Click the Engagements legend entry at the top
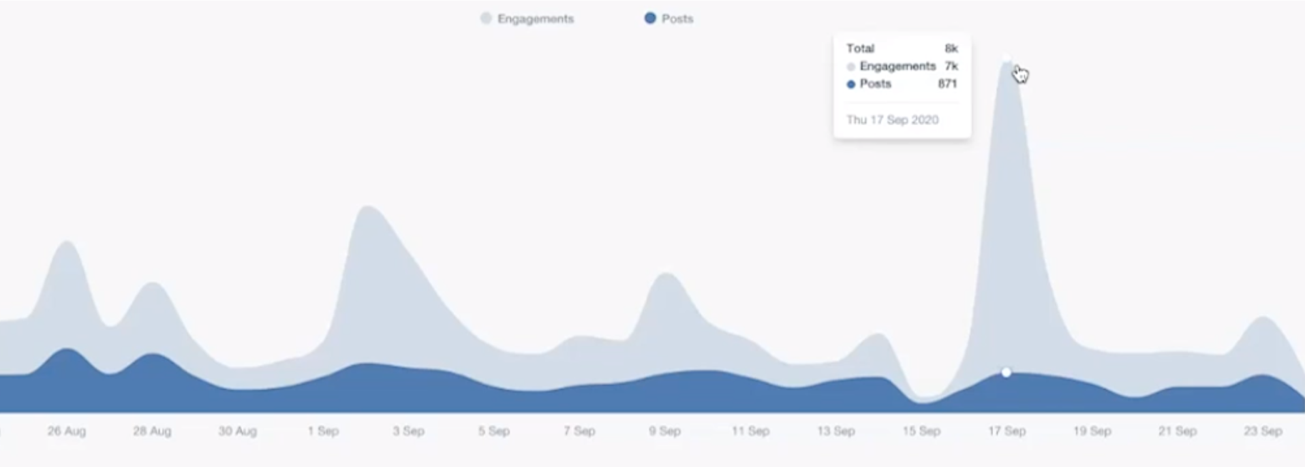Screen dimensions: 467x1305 pos(528,19)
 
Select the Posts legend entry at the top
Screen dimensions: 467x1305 pos(669,19)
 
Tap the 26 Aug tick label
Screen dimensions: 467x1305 pos(67,431)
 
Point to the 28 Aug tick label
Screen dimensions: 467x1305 pos(152,431)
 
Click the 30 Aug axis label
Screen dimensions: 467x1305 pos(238,431)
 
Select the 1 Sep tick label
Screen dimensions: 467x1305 pos(323,431)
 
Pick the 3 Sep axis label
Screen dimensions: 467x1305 pos(408,431)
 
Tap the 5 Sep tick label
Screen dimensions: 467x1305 pos(494,431)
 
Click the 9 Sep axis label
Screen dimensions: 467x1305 pos(665,431)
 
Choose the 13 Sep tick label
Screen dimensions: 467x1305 pos(836,431)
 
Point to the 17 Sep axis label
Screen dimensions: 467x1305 pos(1007,431)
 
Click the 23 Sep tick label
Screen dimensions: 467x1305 pos(1263,431)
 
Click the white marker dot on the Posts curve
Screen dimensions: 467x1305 pos(1006,372)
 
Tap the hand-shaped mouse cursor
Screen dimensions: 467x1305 pos(1021,74)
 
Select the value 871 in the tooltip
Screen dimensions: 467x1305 pos(947,84)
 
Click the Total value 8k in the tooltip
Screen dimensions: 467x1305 pos(951,48)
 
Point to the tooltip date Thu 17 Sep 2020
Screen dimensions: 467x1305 pos(893,120)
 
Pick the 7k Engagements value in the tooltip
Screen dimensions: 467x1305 pos(951,66)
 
